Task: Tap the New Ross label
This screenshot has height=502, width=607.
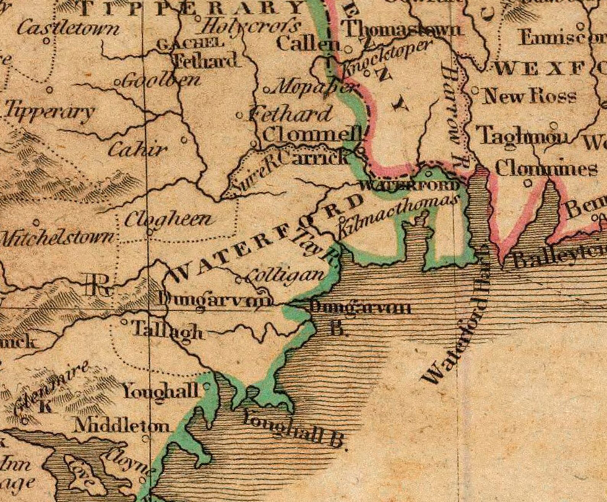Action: [x=530, y=96]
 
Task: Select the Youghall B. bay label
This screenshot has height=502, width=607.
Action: [x=295, y=430]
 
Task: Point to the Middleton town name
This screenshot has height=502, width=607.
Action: [x=121, y=425]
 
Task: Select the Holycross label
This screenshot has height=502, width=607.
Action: [x=250, y=27]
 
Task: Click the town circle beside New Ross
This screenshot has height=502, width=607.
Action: [x=475, y=91]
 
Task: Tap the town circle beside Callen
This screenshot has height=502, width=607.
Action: [x=348, y=49]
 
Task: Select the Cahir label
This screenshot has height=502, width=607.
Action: [x=138, y=150]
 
